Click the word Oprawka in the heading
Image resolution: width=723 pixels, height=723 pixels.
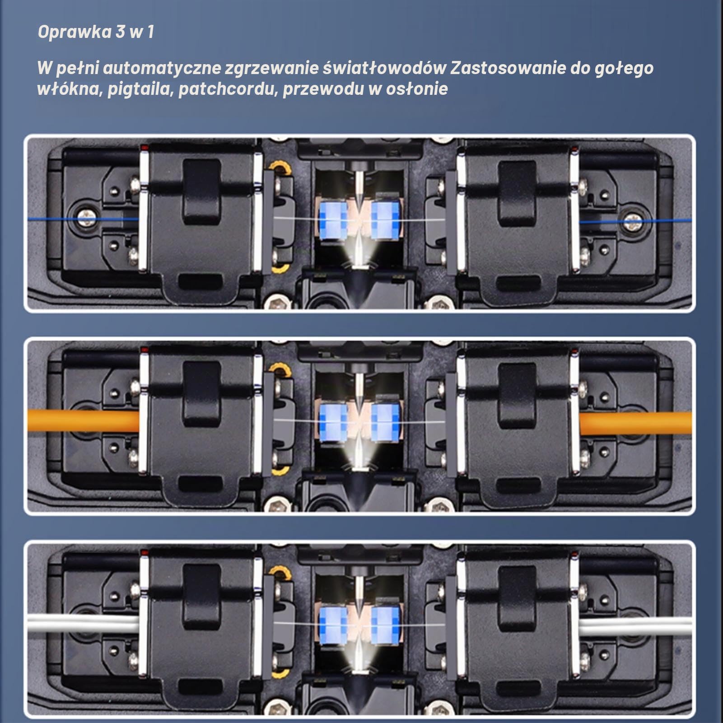pyautogui.click(x=75, y=32)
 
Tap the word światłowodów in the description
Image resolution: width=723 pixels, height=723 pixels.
pyautogui.click(x=385, y=68)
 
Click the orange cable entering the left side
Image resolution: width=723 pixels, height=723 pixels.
pyautogui.click(x=84, y=421)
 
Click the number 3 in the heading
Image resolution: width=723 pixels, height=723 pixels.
pyautogui.click(x=120, y=32)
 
